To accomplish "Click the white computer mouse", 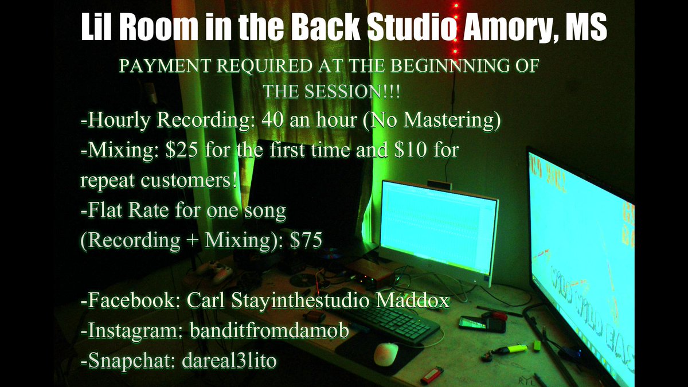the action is (386, 354).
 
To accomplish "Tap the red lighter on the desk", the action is (432, 375).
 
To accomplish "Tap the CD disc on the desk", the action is (303, 280).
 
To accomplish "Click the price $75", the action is (306, 240).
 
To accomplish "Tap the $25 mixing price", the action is (181, 150).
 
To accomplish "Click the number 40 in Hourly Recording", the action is (273, 120).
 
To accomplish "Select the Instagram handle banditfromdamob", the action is (269, 330).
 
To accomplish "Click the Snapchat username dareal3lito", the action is (229, 361).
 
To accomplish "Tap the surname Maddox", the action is (412, 300).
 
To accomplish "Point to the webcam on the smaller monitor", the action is (439, 185).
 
